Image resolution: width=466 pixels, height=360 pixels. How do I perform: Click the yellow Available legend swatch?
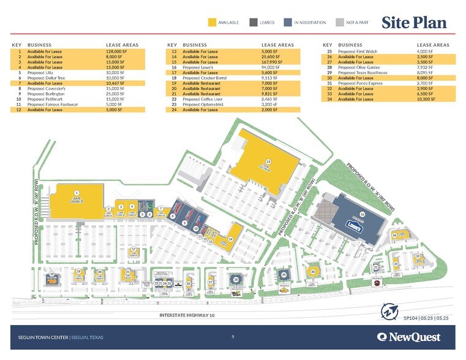point(212,23)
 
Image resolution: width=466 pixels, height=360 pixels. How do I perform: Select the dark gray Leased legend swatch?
point(253,23)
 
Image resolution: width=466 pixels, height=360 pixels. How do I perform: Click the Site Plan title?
point(415,23)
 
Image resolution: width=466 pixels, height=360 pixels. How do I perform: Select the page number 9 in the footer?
point(233,336)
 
